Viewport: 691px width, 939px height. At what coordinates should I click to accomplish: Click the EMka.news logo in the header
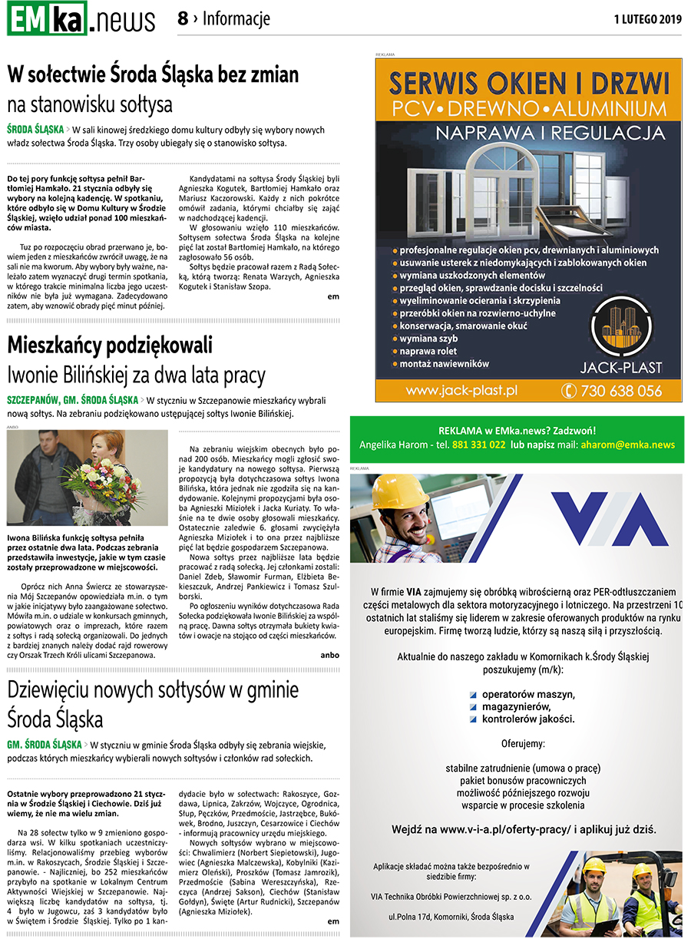(x=81, y=18)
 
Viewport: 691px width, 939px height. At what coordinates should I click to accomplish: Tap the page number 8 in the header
(x=183, y=18)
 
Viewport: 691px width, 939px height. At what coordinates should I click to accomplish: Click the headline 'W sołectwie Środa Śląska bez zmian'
(x=153, y=75)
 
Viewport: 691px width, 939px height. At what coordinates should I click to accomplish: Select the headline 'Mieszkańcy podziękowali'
(x=110, y=345)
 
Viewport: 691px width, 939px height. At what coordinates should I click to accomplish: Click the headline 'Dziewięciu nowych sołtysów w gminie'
(x=153, y=689)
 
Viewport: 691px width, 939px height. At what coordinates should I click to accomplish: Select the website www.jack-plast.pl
(x=461, y=391)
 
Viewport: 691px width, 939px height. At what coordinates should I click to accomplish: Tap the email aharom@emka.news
(x=627, y=445)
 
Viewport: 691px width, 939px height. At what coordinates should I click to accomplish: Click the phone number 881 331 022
(x=478, y=445)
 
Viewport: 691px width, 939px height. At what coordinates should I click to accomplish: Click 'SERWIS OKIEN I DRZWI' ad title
(x=528, y=83)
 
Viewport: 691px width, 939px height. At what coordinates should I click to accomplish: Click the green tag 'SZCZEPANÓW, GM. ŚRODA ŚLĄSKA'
(x=72, y=400)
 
